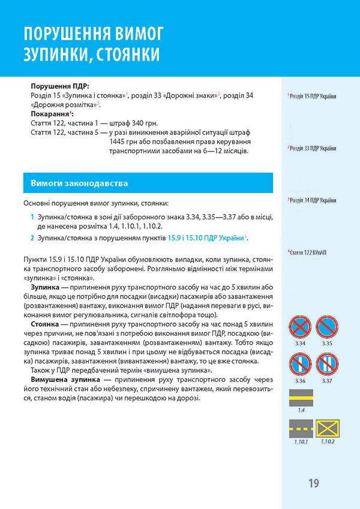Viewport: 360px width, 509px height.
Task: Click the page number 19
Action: coord(314,483)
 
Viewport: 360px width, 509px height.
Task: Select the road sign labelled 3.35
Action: coord(327,327)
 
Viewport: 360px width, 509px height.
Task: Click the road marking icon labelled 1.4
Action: coord(302,396)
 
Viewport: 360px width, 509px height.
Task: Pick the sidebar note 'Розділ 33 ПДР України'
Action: coord(313,148)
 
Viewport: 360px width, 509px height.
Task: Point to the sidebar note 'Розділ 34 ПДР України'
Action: coord(313,200)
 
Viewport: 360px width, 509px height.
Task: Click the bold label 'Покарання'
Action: coord(49,113)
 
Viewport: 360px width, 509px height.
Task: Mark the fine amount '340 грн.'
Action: coord(124,122)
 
